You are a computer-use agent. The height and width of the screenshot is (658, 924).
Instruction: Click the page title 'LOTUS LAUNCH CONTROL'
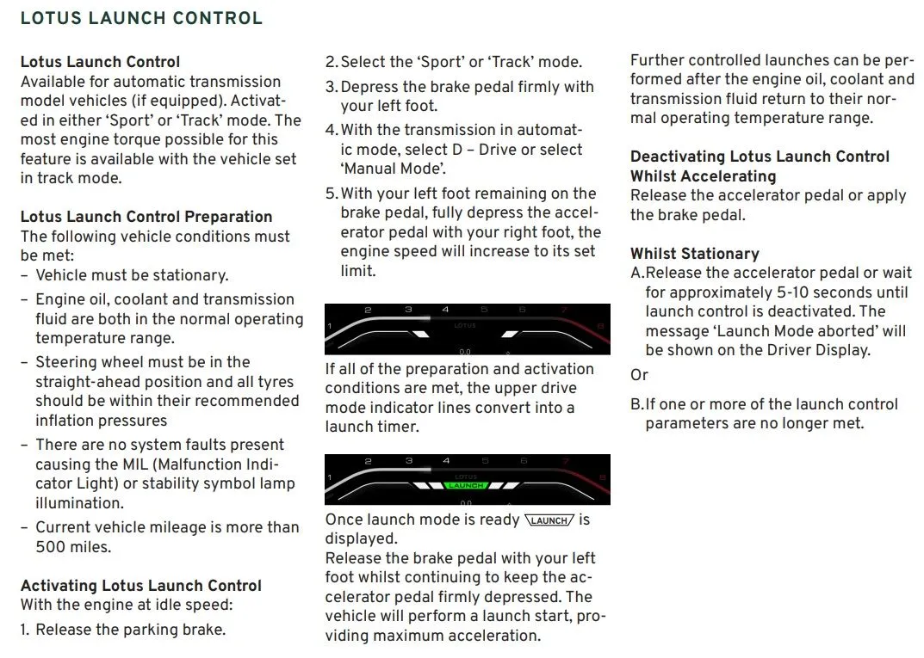coord(141,18)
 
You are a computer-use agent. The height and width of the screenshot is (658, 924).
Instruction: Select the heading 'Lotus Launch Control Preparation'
coord(146,217)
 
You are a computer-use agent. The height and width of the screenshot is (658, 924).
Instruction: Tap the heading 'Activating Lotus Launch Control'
coord(141,586)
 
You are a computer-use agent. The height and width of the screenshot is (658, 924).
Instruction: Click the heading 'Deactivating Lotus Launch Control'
coord(760,157)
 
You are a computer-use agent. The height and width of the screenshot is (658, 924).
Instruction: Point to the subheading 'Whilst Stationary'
coord(694,254)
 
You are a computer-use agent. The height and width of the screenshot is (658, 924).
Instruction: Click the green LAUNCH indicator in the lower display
coord(466,486)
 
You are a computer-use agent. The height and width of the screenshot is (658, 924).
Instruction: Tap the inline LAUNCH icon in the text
coord(549,520)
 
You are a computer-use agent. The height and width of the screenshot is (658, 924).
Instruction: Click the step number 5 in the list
coord(331,194)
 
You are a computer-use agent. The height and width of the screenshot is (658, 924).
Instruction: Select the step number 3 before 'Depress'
coord(331,87)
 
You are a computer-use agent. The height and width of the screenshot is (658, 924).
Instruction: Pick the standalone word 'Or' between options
coord(639,375)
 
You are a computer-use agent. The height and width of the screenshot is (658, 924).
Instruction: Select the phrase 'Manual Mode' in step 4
coord(393,169)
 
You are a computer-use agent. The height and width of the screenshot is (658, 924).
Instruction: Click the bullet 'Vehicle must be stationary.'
coord(131,275)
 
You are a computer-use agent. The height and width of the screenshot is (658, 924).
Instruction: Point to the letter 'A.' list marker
coord(637,273)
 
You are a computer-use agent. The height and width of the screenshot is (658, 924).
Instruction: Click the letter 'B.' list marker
coord(637,404)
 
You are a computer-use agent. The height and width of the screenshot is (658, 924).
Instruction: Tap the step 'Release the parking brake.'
coord(130,630)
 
